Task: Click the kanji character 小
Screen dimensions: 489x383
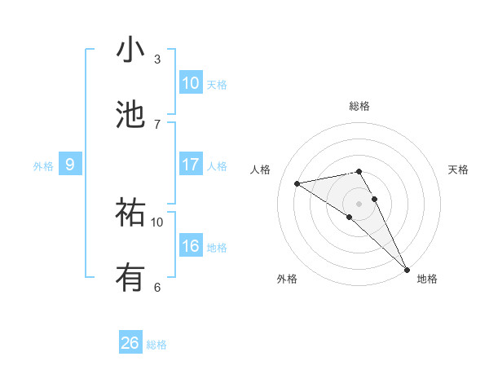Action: coord(130,50)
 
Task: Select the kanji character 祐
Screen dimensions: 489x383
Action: coord(130,213)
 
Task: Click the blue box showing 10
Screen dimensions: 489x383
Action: coord(191,83)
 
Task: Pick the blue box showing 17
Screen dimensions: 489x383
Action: coord(191,165)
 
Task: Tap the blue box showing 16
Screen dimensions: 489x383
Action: coord(191,246)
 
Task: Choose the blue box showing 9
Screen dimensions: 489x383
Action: coord(70,165)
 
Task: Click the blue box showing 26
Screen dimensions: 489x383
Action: coord(130,343)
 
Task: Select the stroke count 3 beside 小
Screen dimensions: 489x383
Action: coord(157,59)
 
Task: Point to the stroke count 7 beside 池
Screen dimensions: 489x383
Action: coord(157,124)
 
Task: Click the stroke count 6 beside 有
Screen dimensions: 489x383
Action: coord(157,287)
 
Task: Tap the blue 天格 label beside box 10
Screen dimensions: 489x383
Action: coord(217,85)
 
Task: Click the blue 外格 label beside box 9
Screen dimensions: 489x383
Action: coord(43,166)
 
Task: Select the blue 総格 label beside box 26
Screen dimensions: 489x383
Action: coord(156,345)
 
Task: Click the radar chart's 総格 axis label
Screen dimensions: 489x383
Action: coord(359,106)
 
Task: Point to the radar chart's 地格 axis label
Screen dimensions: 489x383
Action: coord(427,279)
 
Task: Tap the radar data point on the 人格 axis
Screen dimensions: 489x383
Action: coord(297,183)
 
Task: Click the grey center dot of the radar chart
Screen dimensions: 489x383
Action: coord(359,203)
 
